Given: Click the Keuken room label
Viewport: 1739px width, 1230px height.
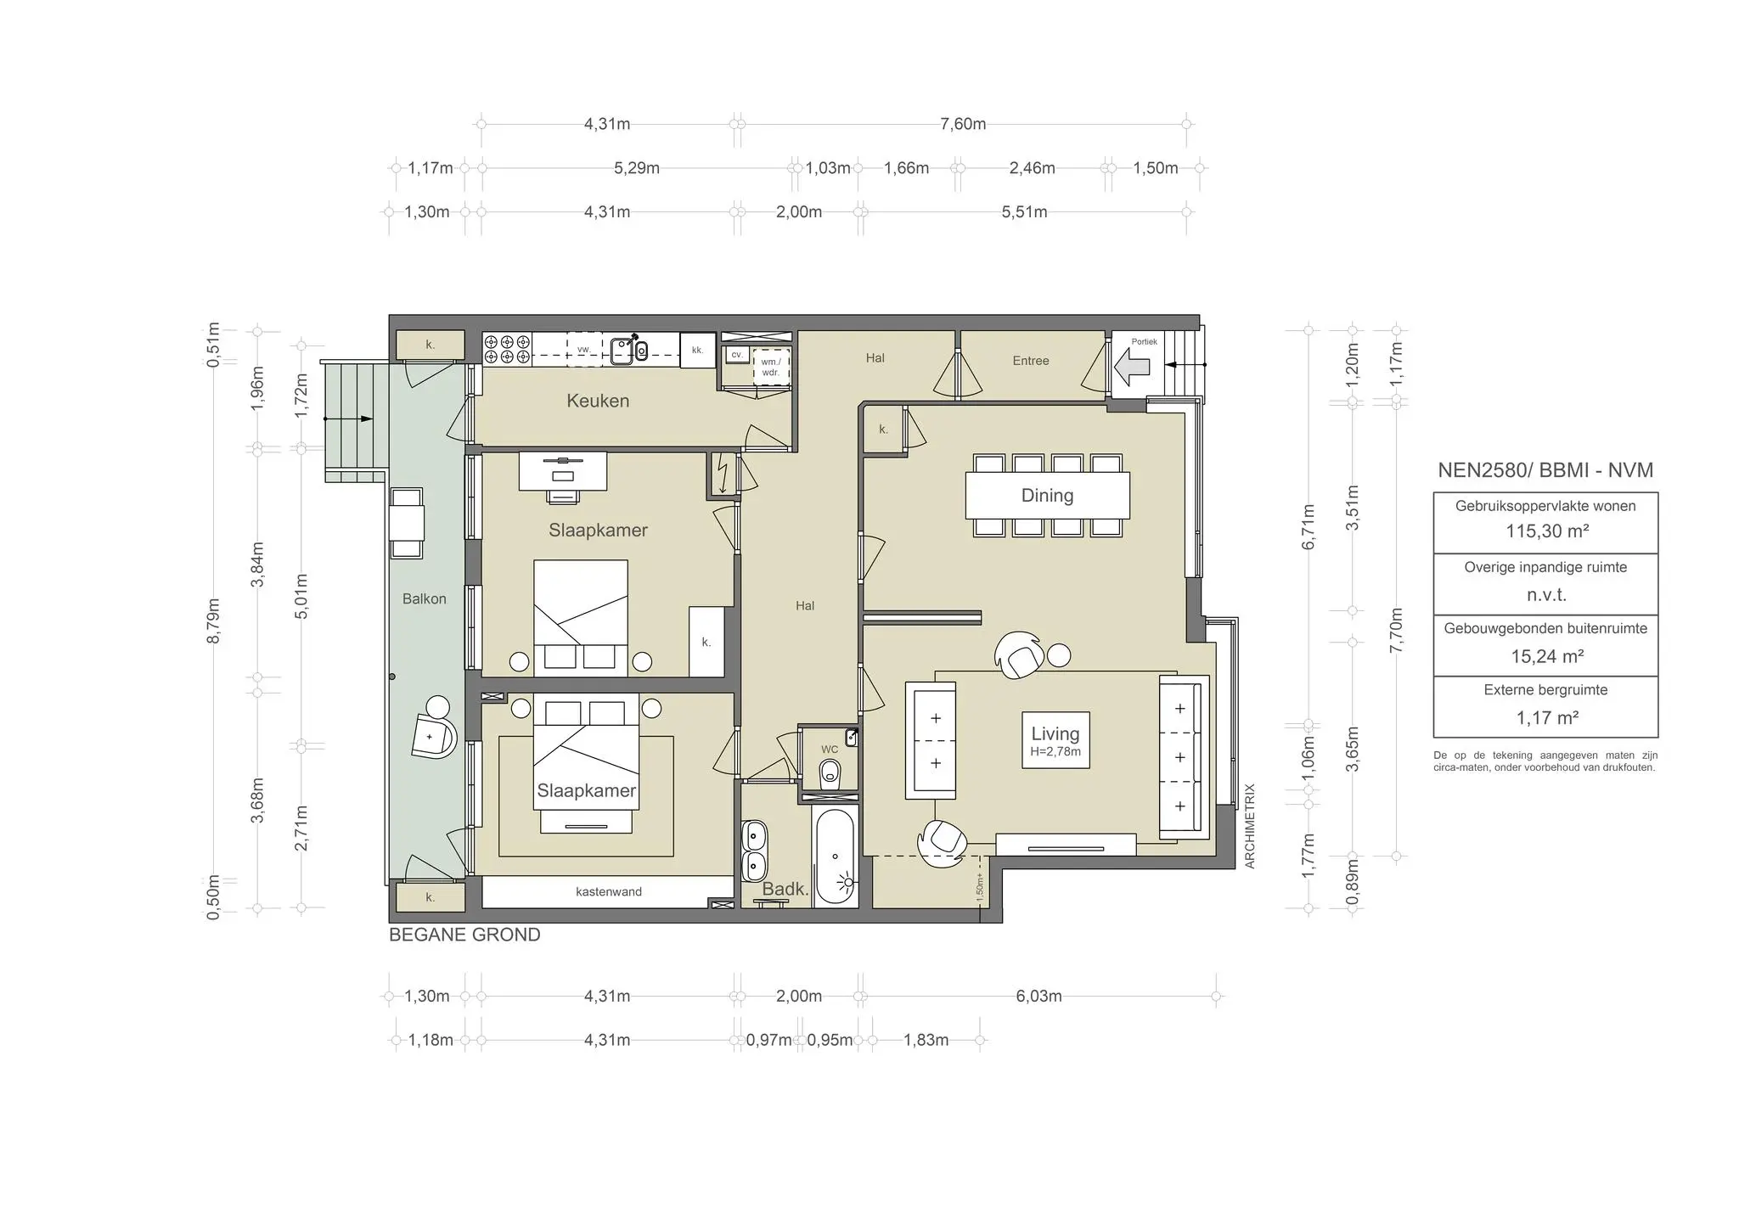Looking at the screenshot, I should [x=598, y=401].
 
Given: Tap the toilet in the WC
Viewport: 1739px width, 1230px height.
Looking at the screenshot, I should [x=830, y=773].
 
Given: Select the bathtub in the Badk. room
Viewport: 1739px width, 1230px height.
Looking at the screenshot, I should [x=836, y=857].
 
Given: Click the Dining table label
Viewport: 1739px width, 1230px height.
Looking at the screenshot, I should [x=1047, y=496].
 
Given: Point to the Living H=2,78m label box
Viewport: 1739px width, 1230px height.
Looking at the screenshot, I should [x=1055, y=740].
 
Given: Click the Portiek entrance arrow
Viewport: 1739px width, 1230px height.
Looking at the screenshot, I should [x=1132, y=368].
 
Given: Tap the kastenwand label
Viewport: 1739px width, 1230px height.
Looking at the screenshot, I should [x=608, y=891].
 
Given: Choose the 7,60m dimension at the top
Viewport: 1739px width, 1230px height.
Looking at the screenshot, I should [x=963, y=124].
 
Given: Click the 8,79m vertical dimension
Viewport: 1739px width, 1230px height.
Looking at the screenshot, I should [x=214, y=621].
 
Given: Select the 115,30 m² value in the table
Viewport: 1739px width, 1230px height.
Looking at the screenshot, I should [x=1546, y=531].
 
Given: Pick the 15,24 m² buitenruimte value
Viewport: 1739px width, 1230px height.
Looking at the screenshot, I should [x=1546, y=656].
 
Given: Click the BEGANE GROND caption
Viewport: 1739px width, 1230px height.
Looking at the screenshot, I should [x=464, y=935].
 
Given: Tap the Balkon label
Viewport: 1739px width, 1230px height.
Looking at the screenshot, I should [x=424, y=599].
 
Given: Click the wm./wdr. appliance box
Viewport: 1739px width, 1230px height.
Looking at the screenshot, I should [x=771, y=367].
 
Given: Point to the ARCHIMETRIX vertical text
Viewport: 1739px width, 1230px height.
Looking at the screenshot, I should [x=1249, y=826].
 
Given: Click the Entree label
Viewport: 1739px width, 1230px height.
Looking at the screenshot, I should [x=1031, y=361].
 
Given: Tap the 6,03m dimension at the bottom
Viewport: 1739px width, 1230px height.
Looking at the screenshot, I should [x=1038, y=997].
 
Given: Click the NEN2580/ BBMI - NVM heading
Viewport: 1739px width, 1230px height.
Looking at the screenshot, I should [x=1545, y=470].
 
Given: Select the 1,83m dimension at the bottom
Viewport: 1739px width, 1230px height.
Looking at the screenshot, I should [x=926, y=1040].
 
